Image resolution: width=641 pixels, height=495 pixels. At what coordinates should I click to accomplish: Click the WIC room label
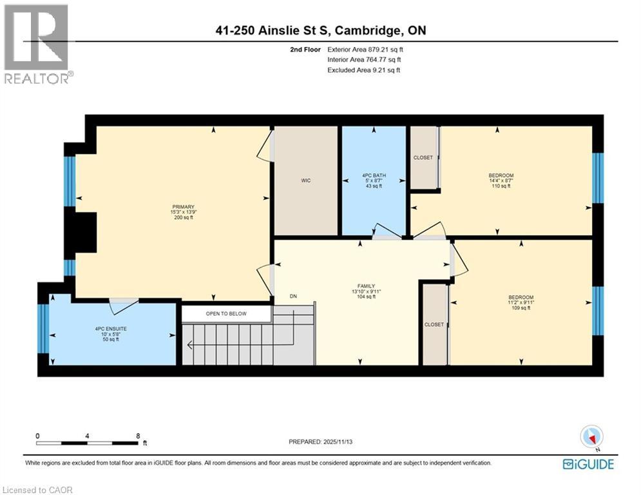306,180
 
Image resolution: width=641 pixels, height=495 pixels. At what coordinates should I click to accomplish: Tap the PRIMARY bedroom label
183,207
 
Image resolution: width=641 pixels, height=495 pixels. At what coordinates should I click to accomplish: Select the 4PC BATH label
373,175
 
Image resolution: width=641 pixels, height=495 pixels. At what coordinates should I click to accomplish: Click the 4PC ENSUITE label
111,329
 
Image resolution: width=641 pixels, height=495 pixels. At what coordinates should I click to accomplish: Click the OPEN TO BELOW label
226,314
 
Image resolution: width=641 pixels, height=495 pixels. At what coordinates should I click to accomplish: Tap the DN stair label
293,296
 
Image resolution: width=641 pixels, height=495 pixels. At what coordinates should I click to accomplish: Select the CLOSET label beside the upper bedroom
423,158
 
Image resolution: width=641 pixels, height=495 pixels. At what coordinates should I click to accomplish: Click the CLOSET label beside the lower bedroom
434,325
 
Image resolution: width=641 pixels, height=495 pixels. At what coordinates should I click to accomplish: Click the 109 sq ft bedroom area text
521,308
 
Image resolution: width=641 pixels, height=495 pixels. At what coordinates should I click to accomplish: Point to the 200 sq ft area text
183,218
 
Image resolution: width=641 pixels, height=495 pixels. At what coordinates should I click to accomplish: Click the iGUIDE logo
588,464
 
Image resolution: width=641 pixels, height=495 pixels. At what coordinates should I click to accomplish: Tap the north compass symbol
591,436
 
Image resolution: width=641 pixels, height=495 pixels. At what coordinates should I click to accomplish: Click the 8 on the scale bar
138,436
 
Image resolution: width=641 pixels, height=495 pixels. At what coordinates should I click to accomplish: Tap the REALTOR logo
37,45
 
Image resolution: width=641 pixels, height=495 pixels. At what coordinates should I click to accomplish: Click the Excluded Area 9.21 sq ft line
364,70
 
